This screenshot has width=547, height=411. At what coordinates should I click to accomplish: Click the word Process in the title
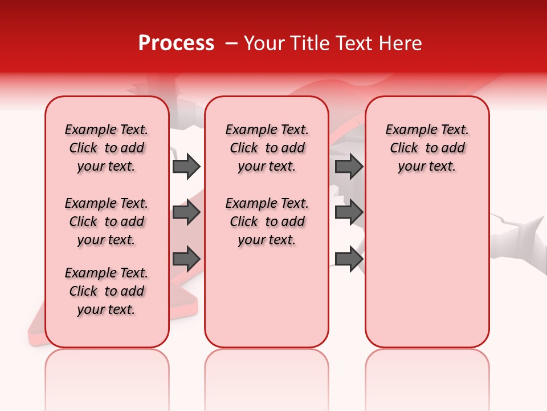point(176,43)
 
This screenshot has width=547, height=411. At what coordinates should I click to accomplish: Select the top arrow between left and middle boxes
point(186,167)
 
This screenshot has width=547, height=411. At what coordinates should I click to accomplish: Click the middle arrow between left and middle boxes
point(186,213)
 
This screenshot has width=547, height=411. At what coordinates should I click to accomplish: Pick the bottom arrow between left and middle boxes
point(186,259)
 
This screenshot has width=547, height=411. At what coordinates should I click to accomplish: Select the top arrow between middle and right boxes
point(349,167)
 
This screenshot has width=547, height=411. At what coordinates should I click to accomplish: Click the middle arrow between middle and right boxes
point(349,213)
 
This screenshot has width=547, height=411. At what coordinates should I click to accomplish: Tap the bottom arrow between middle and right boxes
point(349,259)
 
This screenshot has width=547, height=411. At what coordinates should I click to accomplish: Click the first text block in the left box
point(107,148)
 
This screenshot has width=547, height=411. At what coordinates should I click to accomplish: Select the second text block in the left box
point(107,221)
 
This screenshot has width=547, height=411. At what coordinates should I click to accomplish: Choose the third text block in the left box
point(107,291)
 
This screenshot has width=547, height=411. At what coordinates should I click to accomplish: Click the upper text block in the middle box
point(267,148)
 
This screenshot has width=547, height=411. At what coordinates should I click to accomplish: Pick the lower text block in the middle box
point(267,221)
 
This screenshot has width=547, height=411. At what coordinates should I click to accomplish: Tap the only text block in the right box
point(427,148)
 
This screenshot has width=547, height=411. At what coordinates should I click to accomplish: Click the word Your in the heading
point(264,43)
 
